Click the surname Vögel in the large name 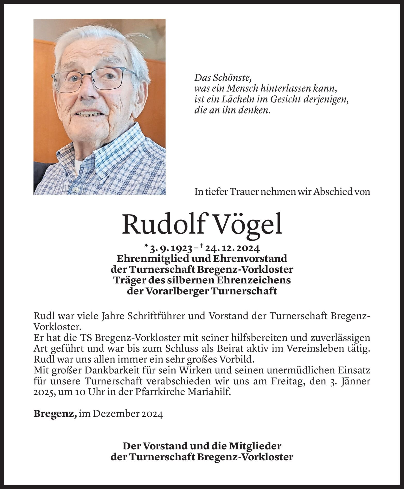pos(249,224)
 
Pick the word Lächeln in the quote pos(237,100)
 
